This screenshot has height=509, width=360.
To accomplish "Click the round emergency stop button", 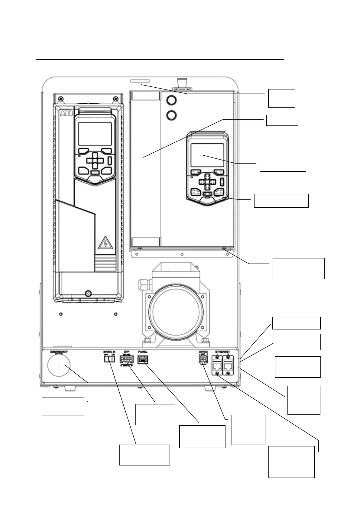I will [59, 365].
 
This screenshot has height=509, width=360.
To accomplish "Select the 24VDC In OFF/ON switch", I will [109, 359].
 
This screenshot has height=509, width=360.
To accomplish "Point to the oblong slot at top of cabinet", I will [140, 81].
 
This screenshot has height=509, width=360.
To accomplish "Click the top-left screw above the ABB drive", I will [62, 99].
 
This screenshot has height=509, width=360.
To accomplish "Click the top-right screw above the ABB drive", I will [115, 99].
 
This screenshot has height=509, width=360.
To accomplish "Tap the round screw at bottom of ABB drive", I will [88, 293].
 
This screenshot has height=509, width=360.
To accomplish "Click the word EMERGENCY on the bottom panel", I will [59, 352].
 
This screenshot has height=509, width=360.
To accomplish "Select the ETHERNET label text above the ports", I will [222, 352].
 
